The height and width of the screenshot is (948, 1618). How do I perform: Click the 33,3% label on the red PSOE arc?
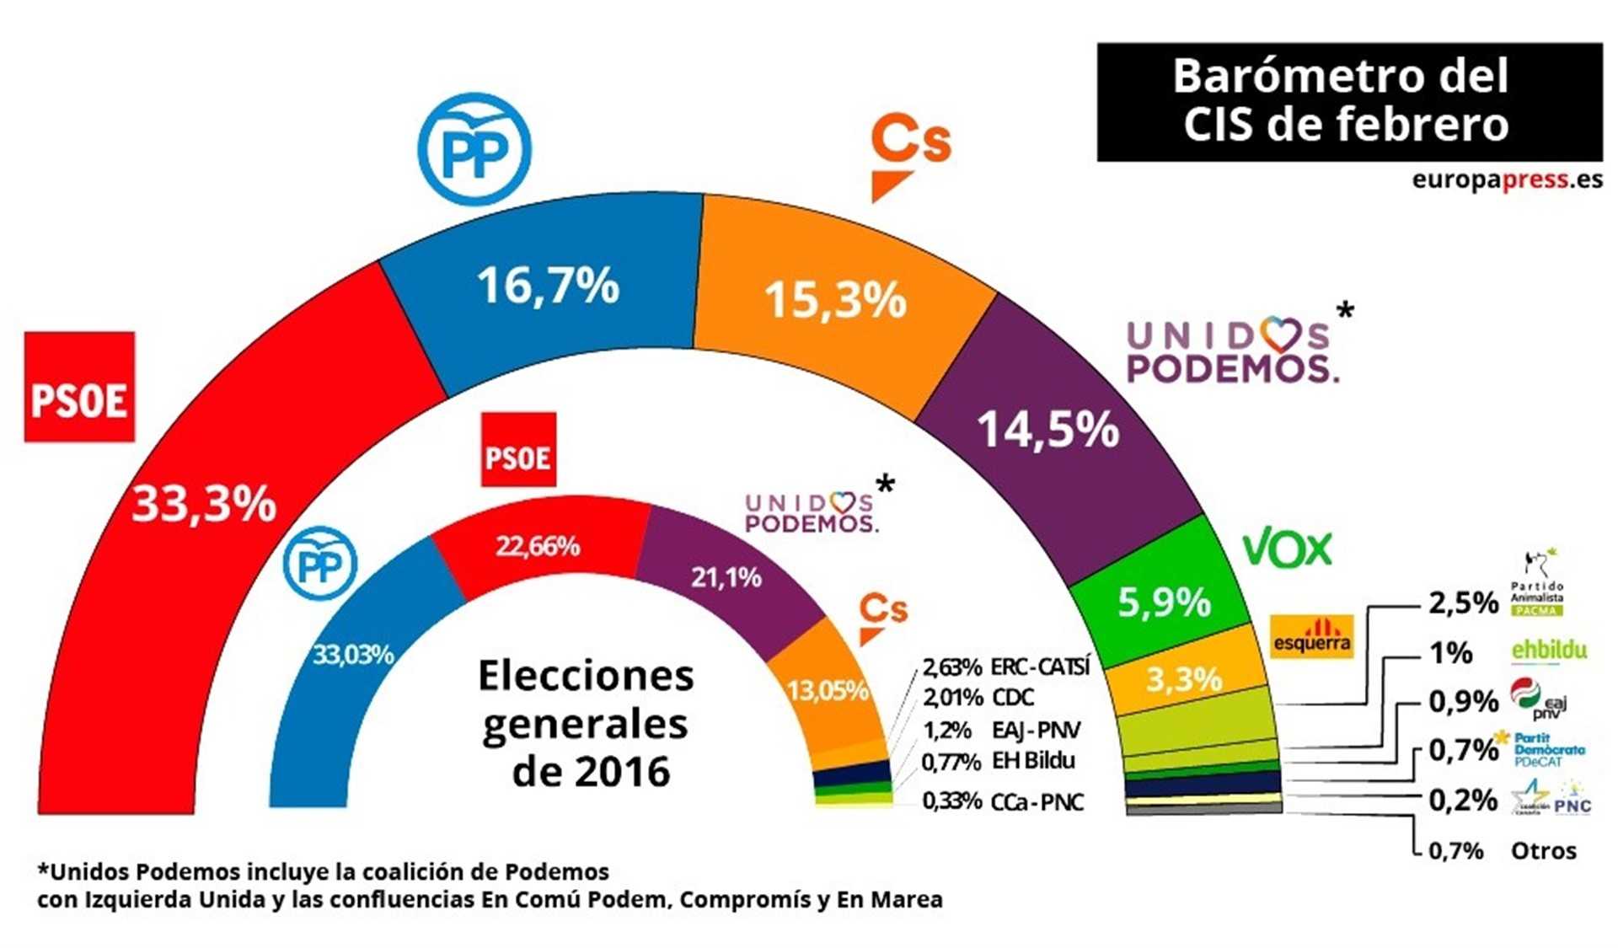[204, 505]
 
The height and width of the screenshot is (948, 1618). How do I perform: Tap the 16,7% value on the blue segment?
[549, 285]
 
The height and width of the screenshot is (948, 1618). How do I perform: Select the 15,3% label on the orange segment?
[835, 300]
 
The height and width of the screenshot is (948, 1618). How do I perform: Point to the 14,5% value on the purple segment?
[1047, 429]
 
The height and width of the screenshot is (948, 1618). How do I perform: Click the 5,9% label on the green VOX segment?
[1164, 602]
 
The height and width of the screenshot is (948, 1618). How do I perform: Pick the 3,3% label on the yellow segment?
[1183, 678]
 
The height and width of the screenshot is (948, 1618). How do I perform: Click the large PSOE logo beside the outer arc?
[79, 387]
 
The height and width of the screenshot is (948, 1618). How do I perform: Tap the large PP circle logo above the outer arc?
[475, 149]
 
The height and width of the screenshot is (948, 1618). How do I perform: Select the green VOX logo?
[1287, 549]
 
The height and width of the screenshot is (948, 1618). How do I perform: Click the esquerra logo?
[1311, 636]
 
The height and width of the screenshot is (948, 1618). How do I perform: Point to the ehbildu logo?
[1549, 651]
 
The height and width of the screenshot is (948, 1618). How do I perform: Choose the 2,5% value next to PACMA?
[1463, 603]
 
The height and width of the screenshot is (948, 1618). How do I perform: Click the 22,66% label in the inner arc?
[538, 547]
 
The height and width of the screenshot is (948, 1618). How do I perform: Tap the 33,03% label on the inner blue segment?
[353, 654]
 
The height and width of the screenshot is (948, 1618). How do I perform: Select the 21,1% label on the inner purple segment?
[726, 577]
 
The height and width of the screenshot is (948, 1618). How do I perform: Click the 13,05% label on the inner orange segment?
[828, 691]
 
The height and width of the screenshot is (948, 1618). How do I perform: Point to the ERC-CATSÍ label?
[1040, 667]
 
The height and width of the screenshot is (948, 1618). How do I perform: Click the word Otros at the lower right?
[1544, 851]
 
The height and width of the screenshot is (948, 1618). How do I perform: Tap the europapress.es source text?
[1507, 179]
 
